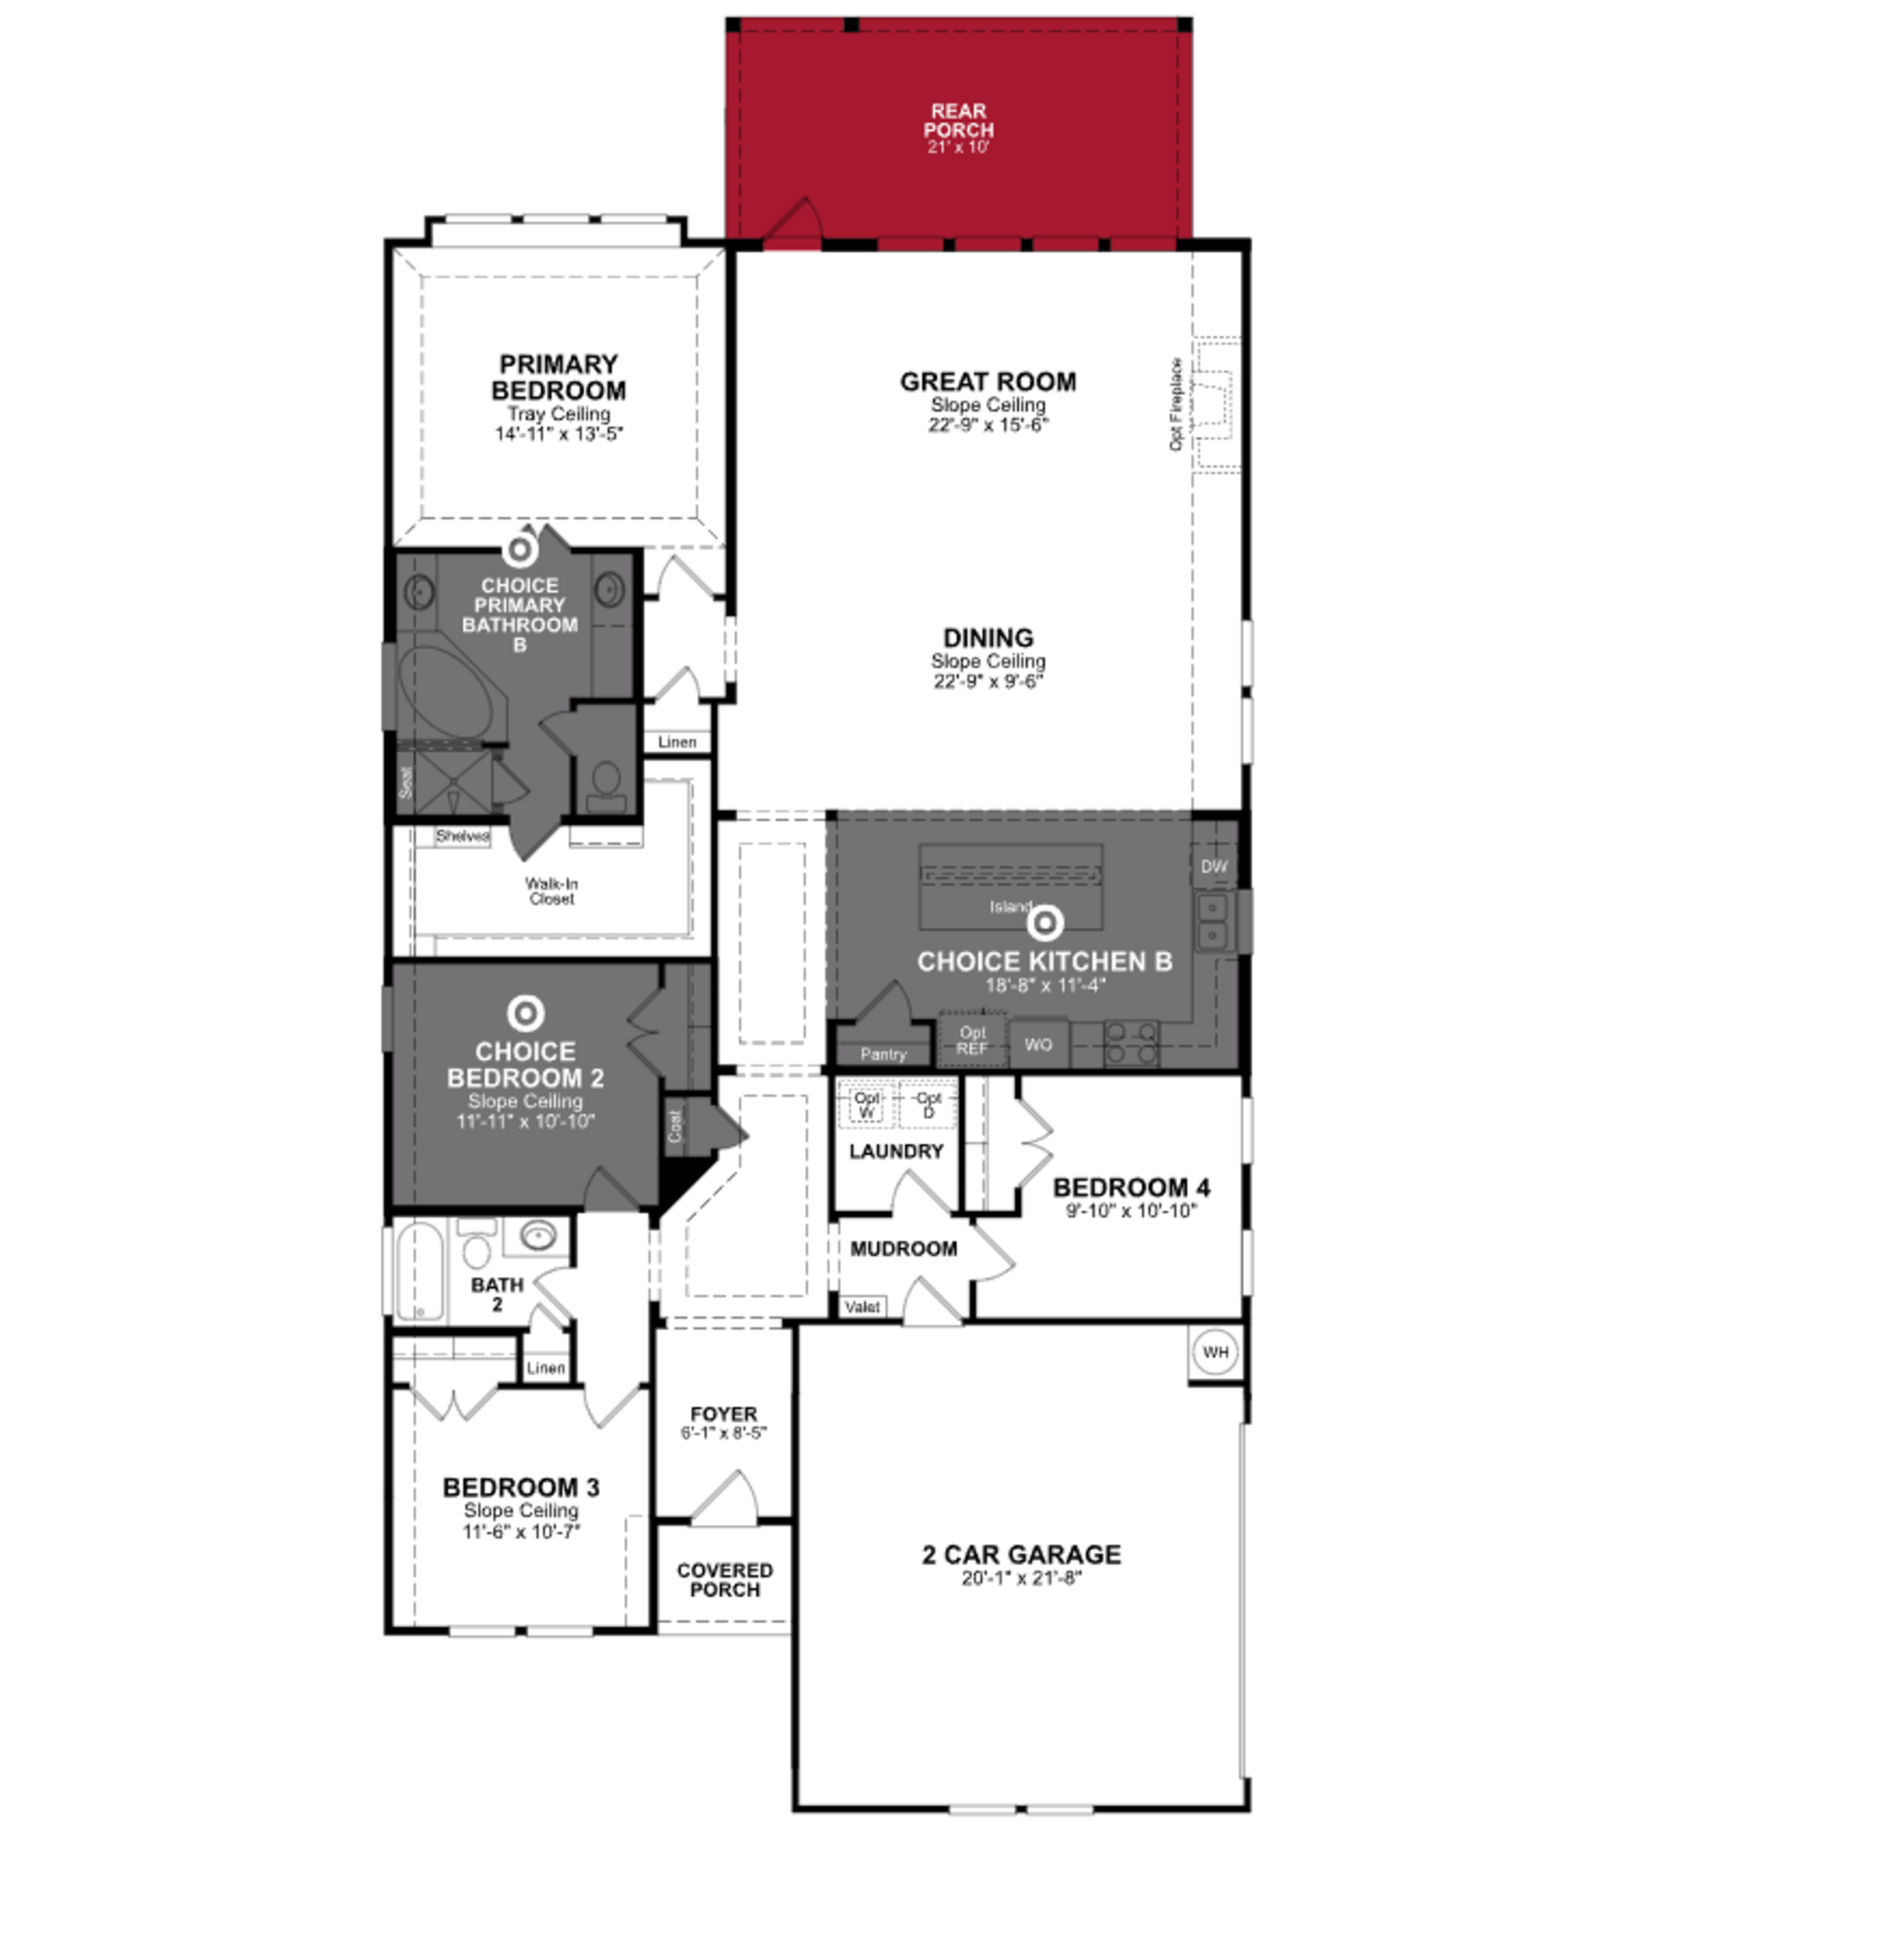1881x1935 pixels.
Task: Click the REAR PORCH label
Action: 958,121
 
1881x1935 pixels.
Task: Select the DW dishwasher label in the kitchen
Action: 1214,867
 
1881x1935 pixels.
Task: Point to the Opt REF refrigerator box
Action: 972,1040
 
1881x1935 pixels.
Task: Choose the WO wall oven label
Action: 1038,1045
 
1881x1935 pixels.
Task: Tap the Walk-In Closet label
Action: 551,890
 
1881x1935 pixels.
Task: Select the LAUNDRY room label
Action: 896,1151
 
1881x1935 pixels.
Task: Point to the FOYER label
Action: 723,1414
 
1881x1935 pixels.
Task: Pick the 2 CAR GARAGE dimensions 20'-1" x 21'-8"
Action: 1021,1578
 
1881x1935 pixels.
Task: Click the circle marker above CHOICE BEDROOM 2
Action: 526,1013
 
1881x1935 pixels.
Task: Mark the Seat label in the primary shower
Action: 405,783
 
